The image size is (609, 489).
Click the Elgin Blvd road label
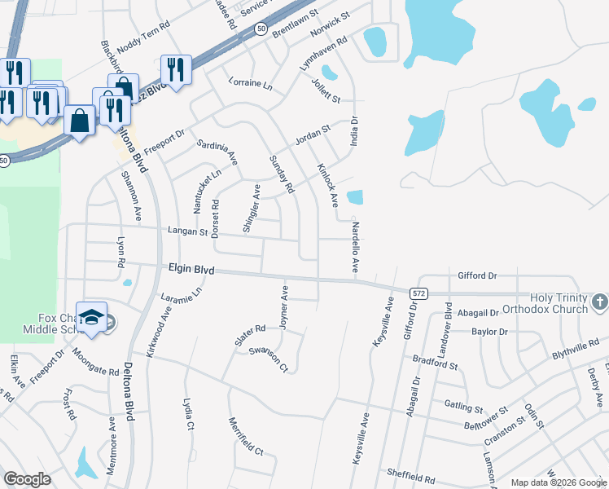[191, 267]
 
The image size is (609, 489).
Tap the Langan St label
[188, 232]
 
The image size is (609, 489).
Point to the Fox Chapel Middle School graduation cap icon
[94, 317]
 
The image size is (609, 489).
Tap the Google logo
[28, 479]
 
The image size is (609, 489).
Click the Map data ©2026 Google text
[559, 482]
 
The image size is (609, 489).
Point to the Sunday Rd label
[281, 174]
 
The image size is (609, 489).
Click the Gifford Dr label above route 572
[477, 276]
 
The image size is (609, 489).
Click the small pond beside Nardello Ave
[355, 197]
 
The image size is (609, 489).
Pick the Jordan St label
[313, 134]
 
